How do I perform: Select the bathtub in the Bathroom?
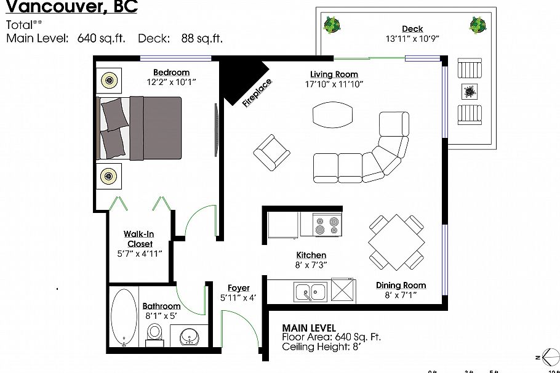coord(125,318)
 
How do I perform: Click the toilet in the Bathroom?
coord(154,332)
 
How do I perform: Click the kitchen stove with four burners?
coord(327,225)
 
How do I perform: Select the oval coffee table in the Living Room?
coord(334,114)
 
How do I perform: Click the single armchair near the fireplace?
coord(271,151)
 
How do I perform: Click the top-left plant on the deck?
coord(332,25)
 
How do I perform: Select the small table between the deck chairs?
coord(470,92)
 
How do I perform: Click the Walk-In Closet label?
coord(139,239)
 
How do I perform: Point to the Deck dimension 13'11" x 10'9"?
coord(412,38)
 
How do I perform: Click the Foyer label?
coord(238,288)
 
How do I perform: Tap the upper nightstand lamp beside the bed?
coord(110,79)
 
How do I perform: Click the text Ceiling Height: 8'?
coord(320,347)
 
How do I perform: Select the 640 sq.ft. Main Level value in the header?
coord(101,38)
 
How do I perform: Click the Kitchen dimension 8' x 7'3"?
coord(311,265)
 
